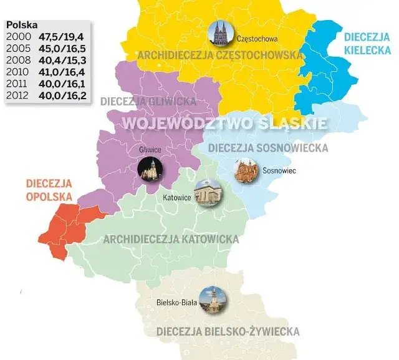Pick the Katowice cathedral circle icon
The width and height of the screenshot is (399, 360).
click(207, 194)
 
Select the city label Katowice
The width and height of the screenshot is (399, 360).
click(176, 198)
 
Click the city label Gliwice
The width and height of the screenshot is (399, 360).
click(150, 150)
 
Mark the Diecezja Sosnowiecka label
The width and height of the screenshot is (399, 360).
click(268, 148)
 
